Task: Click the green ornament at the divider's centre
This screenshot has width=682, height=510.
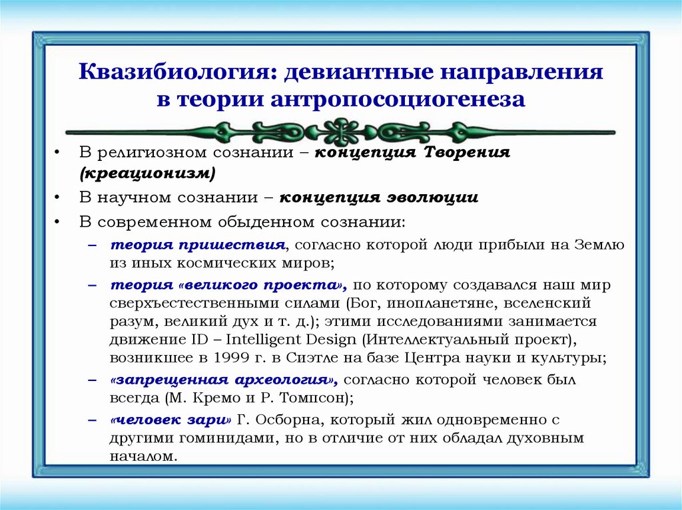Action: pyautogui.click(x=340, y=131)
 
